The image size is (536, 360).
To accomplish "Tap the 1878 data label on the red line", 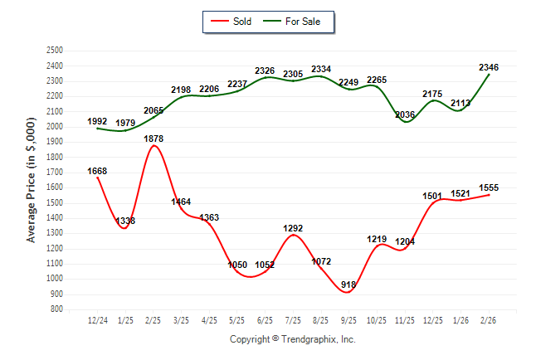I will click(x=153, y=139).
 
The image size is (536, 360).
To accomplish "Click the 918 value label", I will click(x=348, y=285).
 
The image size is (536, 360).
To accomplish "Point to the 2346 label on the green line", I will click(x=489, y=66).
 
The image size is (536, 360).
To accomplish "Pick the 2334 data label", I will click(x=321, y=69).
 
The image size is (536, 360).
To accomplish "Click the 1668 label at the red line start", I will click(x=97, y=172).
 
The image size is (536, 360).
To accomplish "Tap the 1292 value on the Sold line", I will click(x=293, y=227).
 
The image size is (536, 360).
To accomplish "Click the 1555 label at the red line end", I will click(x=489, y=188).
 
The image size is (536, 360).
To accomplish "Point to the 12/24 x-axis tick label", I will click(x=97, y=320).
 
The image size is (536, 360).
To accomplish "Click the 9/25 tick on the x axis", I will click(x=349, y=320).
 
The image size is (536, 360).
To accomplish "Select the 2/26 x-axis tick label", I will click(x=489, y=320).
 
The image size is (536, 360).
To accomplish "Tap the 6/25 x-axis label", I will click(x=266, y=320).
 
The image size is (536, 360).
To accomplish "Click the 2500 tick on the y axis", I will click(x=56, y=51).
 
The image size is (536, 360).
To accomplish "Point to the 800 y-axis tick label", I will click(x=58, y=309).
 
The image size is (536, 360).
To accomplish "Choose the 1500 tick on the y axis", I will click(x=56, y=203).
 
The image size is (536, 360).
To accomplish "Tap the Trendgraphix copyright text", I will click(x=292, y=339).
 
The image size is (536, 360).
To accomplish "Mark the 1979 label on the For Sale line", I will click(x=125, y=123).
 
